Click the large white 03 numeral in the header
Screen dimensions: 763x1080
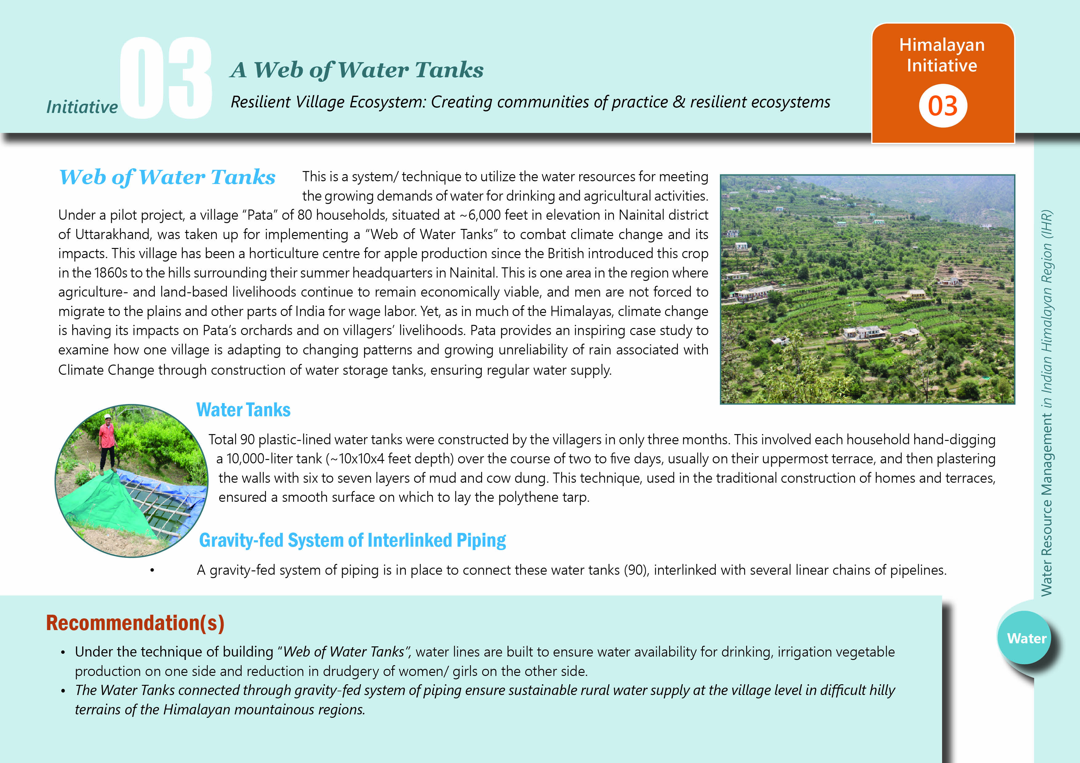pyautogui.click(x=166, y=78)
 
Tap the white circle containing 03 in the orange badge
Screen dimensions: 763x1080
pyautogui.click(x=943, y=106)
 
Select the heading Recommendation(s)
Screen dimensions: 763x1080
pyautogui.click(x=135, y=623)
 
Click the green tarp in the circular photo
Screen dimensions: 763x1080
pyautogui.click(x=113, y=503)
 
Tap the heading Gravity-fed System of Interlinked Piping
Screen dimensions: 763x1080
pyautogui.click(x=352, y=540)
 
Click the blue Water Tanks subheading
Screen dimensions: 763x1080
pyautogui.click(x=243, y=410)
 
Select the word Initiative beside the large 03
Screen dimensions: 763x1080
pyautogui.click(x=82, y=107)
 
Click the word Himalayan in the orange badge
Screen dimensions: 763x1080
pyautogui.click(x=942, y=45)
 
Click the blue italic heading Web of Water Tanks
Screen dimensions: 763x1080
pyautogui.click(x=167, y=177)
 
